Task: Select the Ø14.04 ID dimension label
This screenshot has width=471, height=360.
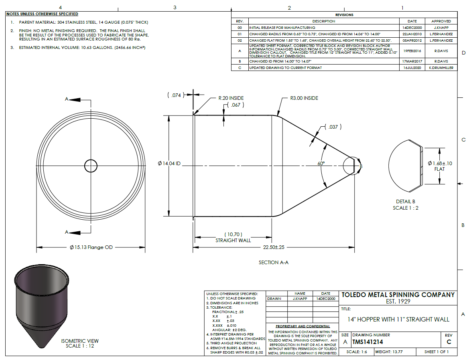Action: (169, 164)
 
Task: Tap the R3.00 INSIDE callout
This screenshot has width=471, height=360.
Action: (304, 98)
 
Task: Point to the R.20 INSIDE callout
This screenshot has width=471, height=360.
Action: (231, 98)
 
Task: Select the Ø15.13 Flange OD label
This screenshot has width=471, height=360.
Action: (91, 247)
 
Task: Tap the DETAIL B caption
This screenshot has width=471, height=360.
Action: (405, 202)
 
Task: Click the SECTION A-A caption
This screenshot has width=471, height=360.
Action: (274, 262)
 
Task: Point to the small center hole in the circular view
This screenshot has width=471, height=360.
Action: (91, 165)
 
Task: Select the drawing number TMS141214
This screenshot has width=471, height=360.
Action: (367, 342)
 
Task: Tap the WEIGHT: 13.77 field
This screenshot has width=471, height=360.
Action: (389, 352)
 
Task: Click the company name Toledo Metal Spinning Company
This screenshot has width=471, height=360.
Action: (398, 295)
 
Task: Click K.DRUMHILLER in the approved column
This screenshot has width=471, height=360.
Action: (441, 68)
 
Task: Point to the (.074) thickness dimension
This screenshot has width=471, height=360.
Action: (175, 95)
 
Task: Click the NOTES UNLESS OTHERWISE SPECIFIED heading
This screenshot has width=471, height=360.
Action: (42, 14)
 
